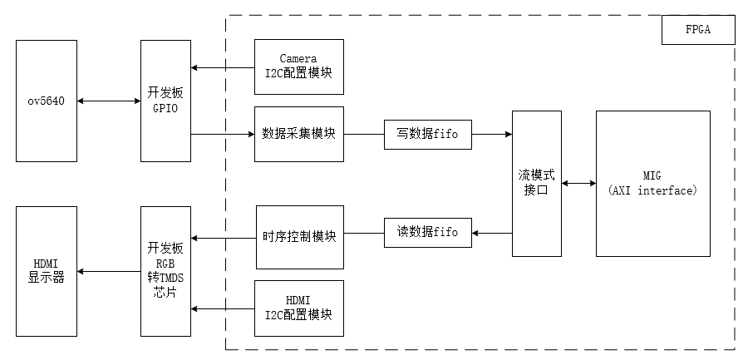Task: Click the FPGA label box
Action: click(698, 31)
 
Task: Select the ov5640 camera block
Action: click(46, 101)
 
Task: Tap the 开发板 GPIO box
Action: click(165, 101)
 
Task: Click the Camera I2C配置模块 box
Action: click(299, 66)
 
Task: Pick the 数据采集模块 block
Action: click(299, 133)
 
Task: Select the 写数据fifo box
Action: click(427, 133)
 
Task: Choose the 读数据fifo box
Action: click(427, 232)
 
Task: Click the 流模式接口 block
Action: click(536, 183)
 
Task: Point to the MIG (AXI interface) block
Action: click(652, 183)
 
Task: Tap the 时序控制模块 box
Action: click(299, 237)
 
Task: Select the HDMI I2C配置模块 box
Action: click(299, 308)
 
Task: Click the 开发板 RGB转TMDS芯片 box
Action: click(165, 271)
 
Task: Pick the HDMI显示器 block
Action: click(46, 271)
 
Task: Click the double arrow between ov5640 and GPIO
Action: click(108, 101)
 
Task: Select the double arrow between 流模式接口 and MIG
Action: click(578, 183)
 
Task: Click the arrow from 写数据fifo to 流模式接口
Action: click(491, 133)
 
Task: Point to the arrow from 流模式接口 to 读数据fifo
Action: click(491, 233)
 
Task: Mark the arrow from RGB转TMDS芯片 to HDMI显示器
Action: click(108, 271)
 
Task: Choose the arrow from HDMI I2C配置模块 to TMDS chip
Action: click(223, 308)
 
